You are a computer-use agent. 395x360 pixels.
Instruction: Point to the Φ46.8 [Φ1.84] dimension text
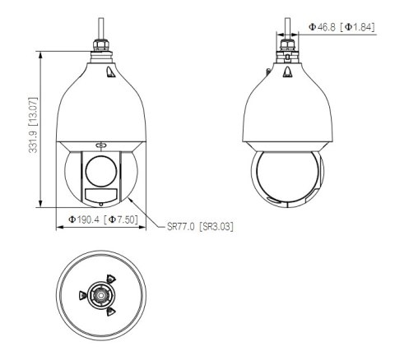point(342,28)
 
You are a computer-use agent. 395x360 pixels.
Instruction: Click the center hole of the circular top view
point(100,293)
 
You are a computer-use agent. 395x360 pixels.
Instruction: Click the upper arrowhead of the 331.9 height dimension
point(41,53)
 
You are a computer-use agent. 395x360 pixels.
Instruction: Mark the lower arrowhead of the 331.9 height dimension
point(41,207)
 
